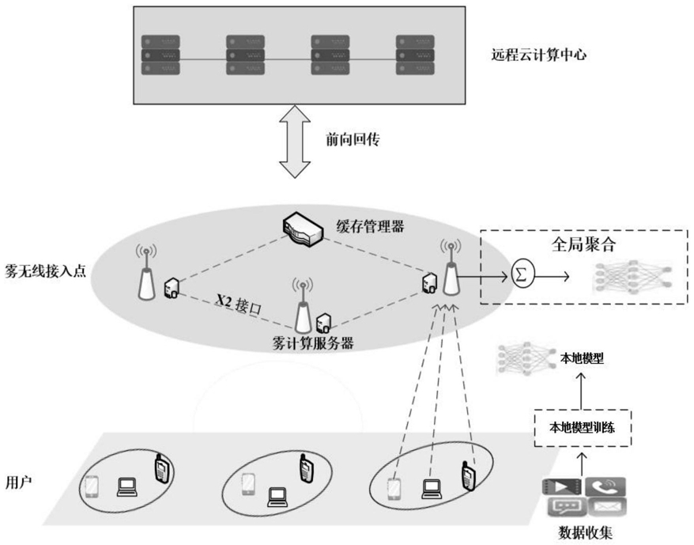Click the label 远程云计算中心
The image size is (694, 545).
coord(538,55)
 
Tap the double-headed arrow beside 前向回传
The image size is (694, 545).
coord(295,142)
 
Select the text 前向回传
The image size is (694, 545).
coord(353,139)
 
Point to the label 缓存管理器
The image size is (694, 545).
coord(370,227)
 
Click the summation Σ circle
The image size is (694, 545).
coord(522,274)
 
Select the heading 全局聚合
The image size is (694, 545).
coord(584,244)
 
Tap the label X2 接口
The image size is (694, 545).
coord(239,304)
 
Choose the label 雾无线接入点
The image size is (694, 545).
coord(45,271)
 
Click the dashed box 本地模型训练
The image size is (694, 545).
coord(583,428)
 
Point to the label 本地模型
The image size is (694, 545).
coord(582,358)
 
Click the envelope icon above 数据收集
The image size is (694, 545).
coord(607,507)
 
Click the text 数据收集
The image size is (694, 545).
coord(585,532)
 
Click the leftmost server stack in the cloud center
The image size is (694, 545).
coord(160,55)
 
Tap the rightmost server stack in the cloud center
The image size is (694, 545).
coord(415,55)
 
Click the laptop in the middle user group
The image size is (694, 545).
coord(277,498)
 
